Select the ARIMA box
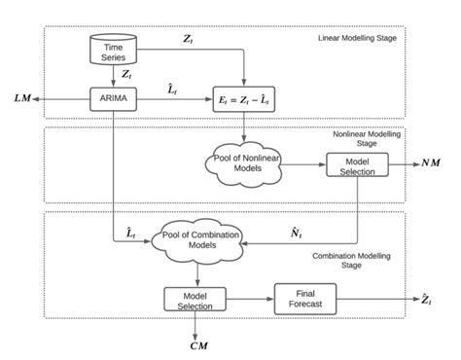(113, 98)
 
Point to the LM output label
(22, 98)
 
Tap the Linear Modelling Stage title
(362, 39)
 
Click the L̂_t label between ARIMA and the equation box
(173, 89)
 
